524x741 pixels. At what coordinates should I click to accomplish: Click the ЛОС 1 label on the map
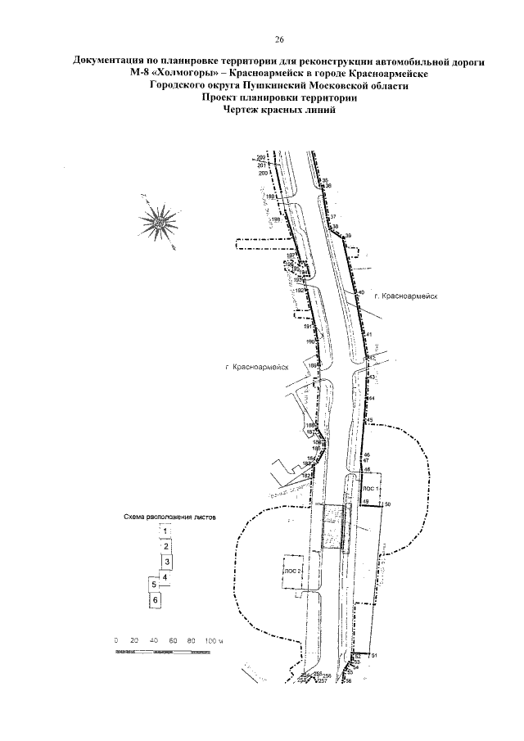click(x=370, y=486)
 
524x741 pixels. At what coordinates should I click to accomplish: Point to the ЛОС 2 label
click(x=292, y=568)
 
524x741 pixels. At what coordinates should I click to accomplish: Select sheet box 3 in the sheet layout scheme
click(x=166, y=562)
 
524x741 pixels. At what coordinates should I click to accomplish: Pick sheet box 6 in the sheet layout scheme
click(x=154, y=600)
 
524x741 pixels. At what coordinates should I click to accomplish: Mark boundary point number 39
click(x=348, y=236)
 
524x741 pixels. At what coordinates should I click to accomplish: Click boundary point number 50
click(x=387, y=503)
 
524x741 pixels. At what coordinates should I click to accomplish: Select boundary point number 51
click(x=373, y=656)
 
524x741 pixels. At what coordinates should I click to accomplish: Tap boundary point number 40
click(x=360, y=293)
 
